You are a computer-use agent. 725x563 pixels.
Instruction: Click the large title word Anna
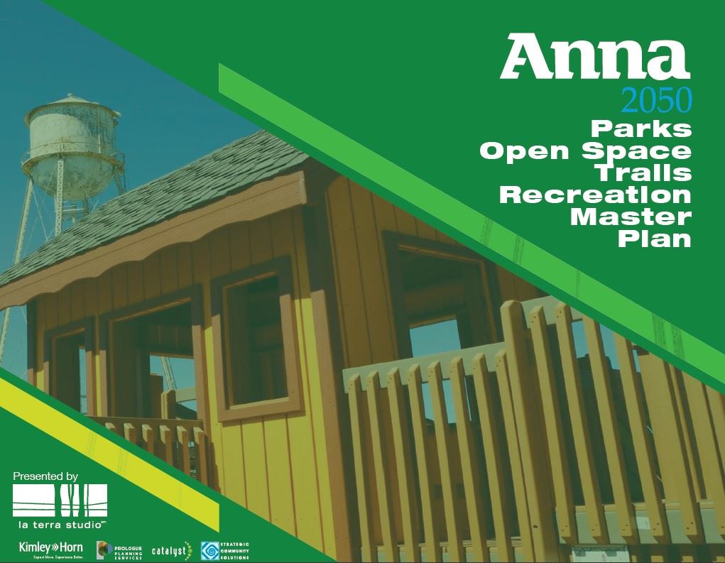tap(594, 59)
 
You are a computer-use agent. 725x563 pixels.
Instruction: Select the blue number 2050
tap(655, 102)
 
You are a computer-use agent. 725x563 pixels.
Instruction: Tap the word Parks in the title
tap(640, 129)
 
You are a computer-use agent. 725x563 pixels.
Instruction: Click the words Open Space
tap(584, 151)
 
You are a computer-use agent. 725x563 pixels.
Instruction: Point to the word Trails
tap(643, 173)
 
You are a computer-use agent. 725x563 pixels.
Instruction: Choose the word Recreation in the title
tap(595, 194)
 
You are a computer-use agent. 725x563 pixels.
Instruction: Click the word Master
tap(631, 216)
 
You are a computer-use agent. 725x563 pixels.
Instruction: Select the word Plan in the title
tap(654, 238)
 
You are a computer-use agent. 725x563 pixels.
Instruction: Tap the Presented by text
tap(45, 476)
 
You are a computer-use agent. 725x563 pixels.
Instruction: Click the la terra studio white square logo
tap(60, 501)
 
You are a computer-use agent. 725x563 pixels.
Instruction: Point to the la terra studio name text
tap(60, 525)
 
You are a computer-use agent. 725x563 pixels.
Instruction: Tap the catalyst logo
tap(171, 550)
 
